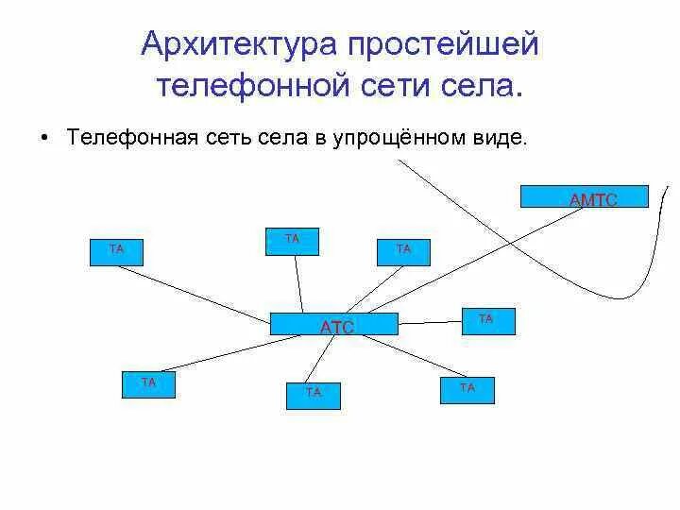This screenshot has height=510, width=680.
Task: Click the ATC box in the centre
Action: coord(335,324)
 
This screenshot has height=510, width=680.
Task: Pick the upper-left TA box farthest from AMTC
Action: coord(116,251)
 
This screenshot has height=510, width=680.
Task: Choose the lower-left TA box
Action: coord(147,384)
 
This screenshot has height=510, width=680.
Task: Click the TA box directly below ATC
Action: coord(313,395)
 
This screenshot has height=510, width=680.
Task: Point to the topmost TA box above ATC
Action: coord(292,242)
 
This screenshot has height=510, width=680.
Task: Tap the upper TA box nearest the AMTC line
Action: coord(403,251)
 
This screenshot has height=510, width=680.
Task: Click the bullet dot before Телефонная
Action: coord(44,138)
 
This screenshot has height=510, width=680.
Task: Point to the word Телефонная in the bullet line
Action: coord(131,138)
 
